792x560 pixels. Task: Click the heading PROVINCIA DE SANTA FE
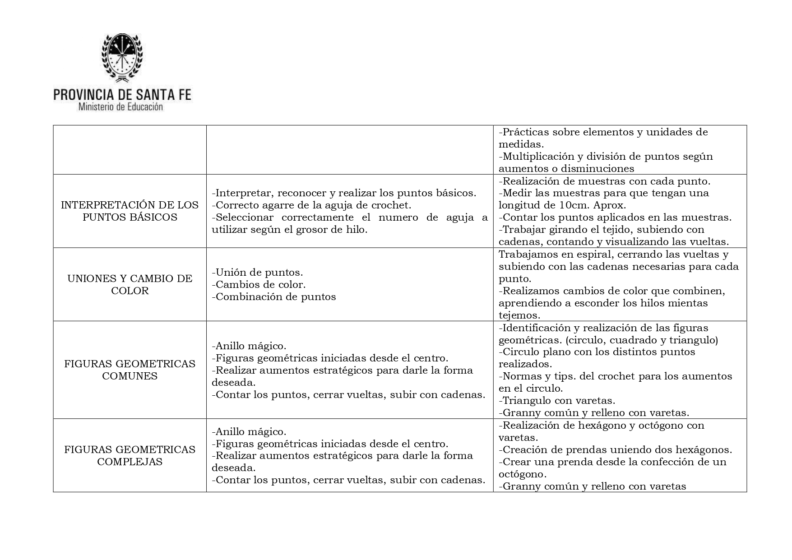click(122, 94)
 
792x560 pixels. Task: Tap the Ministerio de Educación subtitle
click(120, 107)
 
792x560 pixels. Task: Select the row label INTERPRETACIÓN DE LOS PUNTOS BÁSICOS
click(130, 211)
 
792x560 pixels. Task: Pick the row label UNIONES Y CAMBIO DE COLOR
click(130, 284)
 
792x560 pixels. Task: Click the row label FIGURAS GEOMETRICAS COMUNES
click(130, 370)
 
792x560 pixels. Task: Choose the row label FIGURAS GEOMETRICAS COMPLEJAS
click(130, 456)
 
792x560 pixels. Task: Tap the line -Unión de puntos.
click(257, 273)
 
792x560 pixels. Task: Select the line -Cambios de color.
click(259, 285)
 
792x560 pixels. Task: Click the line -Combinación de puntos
click(274, 297)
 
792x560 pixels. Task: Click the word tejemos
click(519, 315)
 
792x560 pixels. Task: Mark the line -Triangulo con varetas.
click(557, 400)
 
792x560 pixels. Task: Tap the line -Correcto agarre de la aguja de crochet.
click(311, 205)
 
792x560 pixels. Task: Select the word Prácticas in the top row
click(525, 132)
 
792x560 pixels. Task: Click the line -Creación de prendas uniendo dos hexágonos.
click(615, 450)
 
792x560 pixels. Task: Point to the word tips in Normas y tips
click(547, 376)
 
